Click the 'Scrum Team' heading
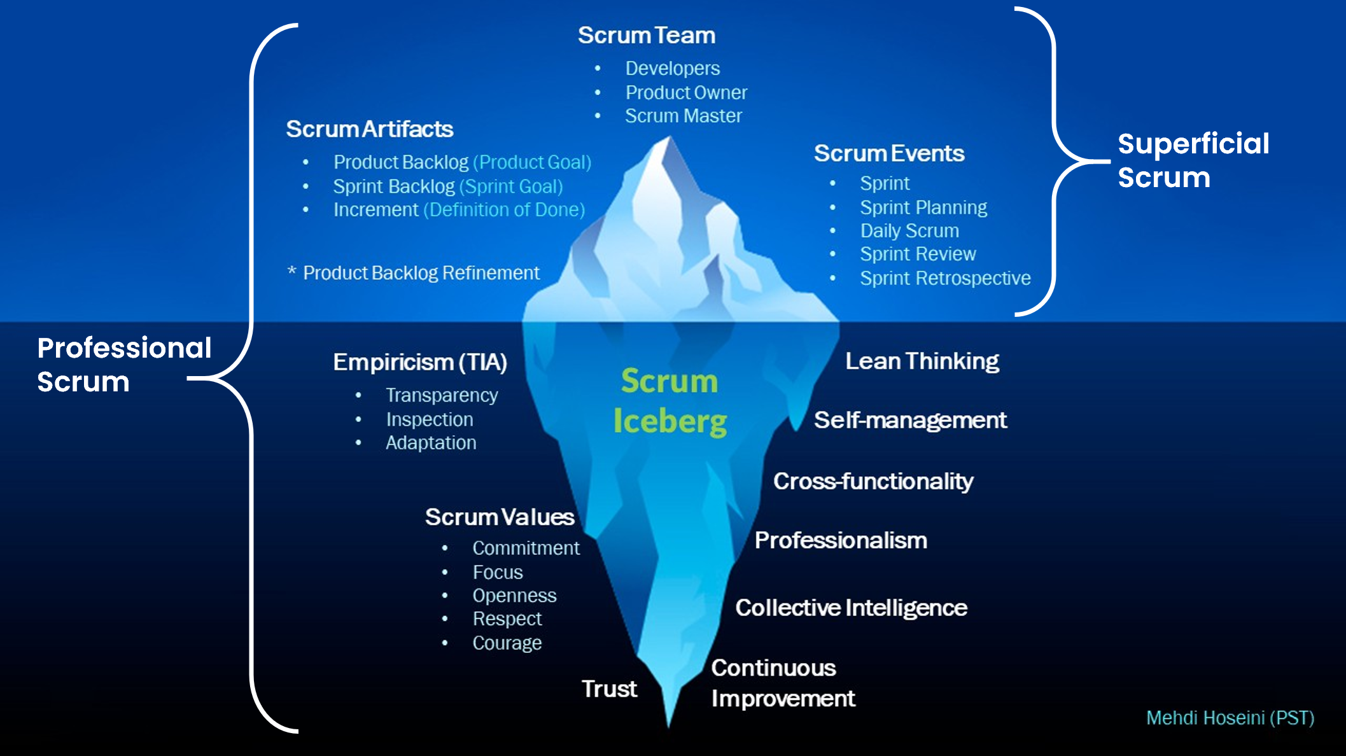647,36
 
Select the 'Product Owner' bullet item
686,93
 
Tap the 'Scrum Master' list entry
684,116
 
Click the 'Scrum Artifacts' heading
370,129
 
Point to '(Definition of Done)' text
504,210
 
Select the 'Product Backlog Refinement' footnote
421,273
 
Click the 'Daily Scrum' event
909,231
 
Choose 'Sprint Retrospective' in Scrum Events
945,279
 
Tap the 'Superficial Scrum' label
1193,160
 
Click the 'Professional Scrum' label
124,365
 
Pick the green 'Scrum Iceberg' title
669,401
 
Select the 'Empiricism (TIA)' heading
420,362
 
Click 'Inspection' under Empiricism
430,420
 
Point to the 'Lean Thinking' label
922,361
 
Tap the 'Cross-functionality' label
873,482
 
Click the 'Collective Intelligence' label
852,608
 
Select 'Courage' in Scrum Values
507,643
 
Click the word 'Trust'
609,689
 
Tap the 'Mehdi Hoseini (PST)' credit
1230,718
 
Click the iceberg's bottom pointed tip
669,722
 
